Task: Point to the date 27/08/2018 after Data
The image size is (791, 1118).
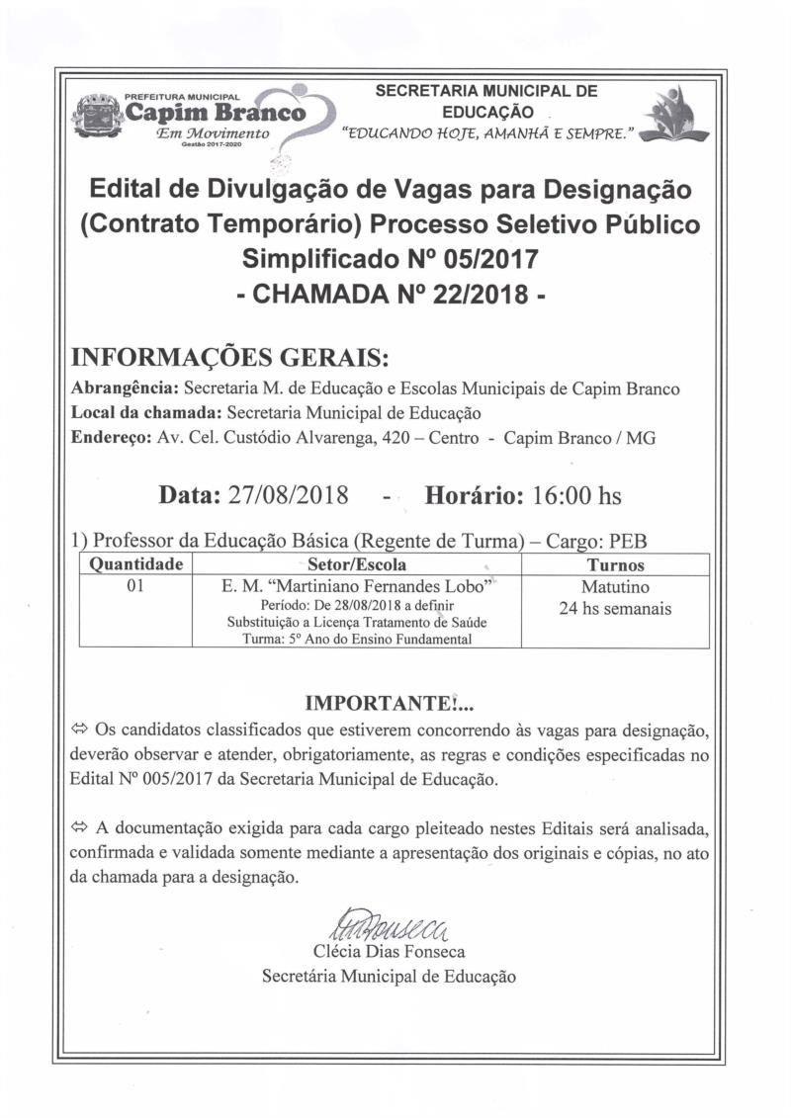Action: pyautogui.click(x=288, y=494)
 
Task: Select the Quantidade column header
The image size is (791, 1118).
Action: pyautogui.click(x=136, y=565)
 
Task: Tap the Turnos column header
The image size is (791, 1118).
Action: pyautogui.click(x=615, y=565)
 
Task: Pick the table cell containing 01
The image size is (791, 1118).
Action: pyautogui.click(x=136, y=586)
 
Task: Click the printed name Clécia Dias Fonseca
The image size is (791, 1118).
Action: pyautogui.click(x=389, y=953)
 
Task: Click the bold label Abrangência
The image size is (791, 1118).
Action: pyautogui.click(x=127, y=388)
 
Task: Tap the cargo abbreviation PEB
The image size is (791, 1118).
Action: pyautogui.click(x=628, y=541)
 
